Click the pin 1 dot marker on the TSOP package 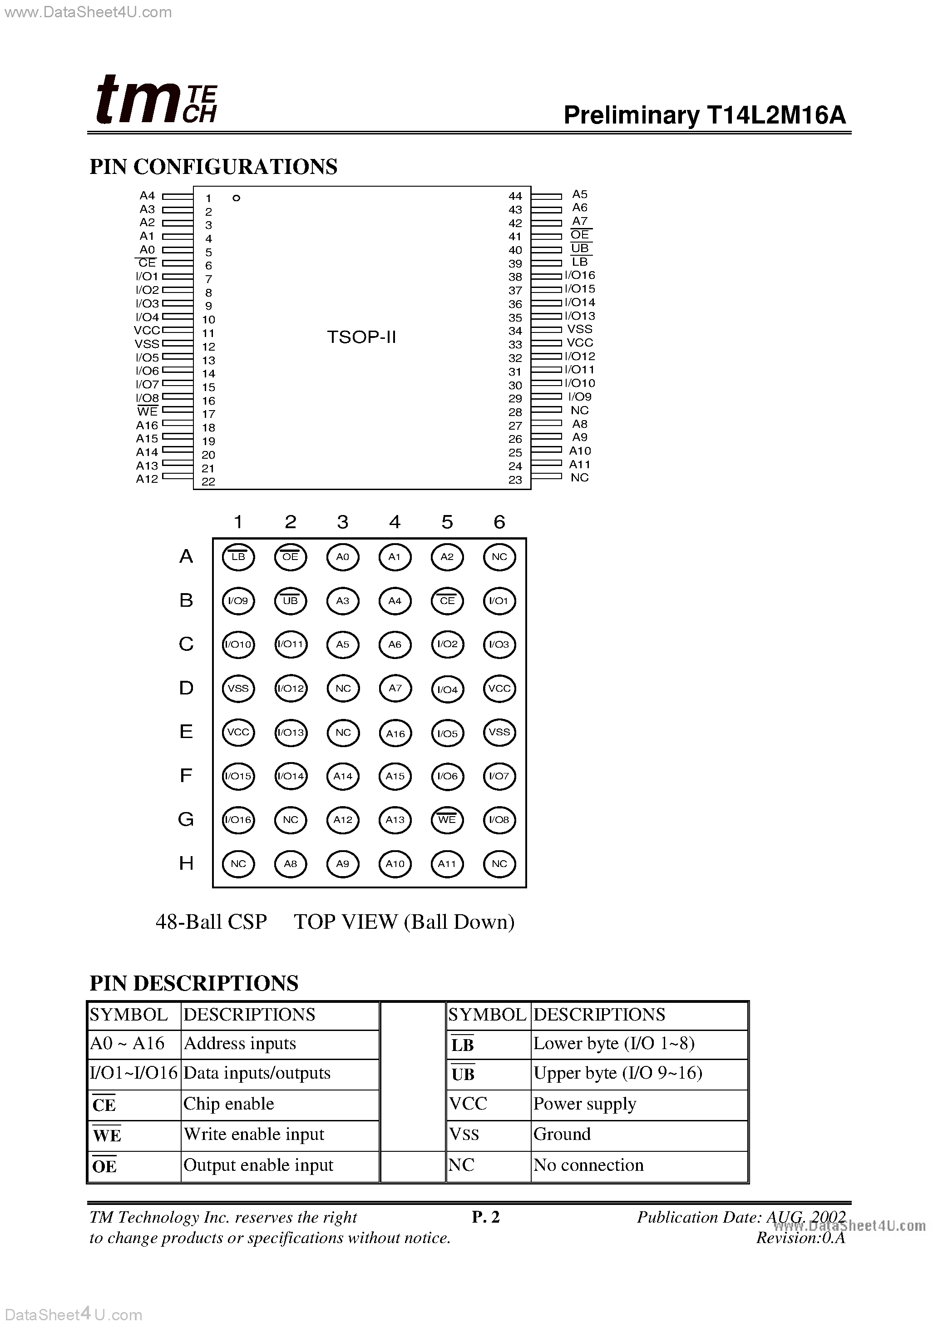tap(236, 198)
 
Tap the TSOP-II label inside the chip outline tap(361, 337)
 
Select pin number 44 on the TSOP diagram tap(515, 196)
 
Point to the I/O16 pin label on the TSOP tap(579, 275)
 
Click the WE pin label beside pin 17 tap(148, 411)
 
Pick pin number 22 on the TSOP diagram tap(208, 481)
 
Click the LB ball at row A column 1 tap(238, 557)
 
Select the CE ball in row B tap(447, 601)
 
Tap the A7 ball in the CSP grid tap(395, 688)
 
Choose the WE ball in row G tap(447, 820)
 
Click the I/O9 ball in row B tap(238, 601)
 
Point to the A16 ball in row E tap(395, 733)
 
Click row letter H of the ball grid tap(186, 863)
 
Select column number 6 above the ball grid tap(499, 522)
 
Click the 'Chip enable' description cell tap(228, 1104)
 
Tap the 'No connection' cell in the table tap(588, 1165)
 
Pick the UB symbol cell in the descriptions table tap(463, 1074)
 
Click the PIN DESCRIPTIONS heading tap(194, 983)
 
